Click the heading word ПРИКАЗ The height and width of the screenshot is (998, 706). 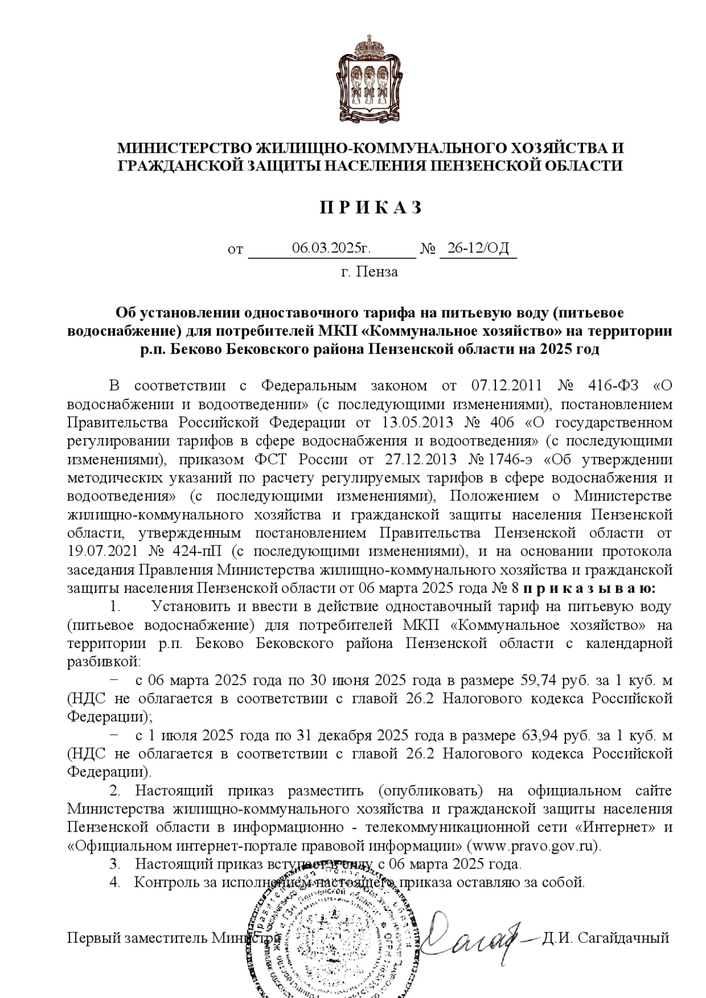coord(370,208)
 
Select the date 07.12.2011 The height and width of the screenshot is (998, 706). coord(507,386)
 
